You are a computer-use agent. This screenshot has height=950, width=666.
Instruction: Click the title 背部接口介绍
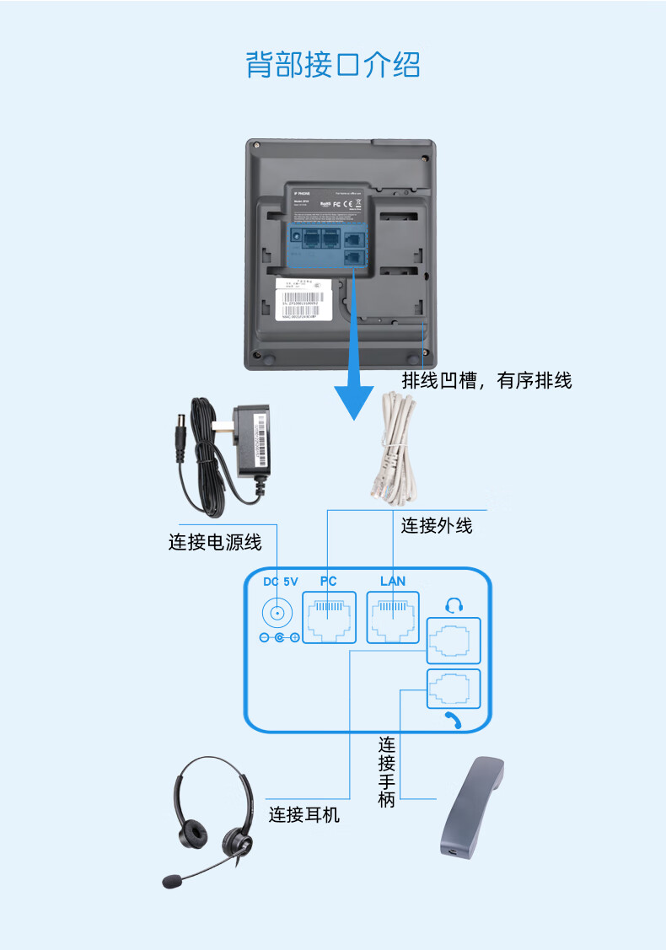coord(333,65)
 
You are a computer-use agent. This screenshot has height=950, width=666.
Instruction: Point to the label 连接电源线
coord(215,542)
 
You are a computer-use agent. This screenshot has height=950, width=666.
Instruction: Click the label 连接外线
coord(437,526)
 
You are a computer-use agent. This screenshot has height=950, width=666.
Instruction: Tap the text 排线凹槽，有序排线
coord(486,381)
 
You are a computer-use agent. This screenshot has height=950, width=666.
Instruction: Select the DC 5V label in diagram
coord(281,582)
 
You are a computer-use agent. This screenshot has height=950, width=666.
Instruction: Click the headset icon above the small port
coord(454,604)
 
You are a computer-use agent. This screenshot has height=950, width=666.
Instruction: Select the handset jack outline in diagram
coord(454,690)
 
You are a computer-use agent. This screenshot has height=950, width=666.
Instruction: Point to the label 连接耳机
coord(304,815)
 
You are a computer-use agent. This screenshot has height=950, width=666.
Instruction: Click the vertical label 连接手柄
coord(387,771)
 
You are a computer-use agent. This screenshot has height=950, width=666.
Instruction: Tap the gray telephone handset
coord(473,808)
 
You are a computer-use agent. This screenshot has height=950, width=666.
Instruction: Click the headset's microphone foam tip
coord(173,881)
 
